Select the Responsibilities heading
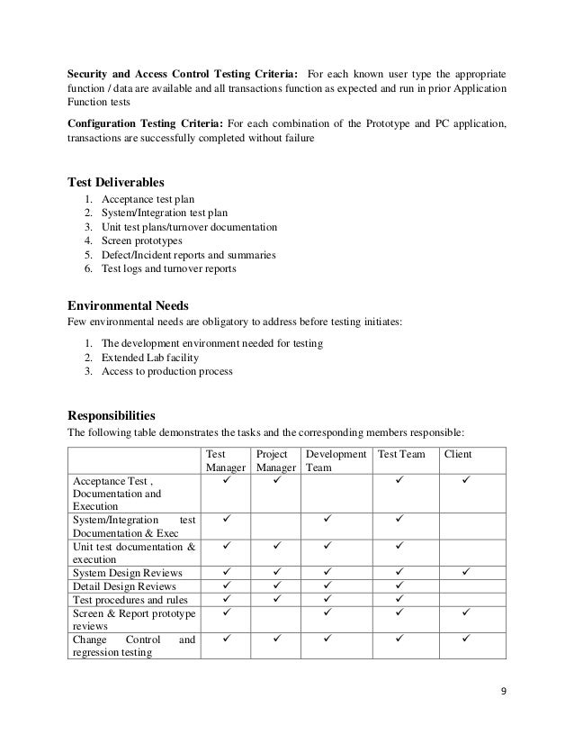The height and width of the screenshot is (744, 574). pyautogui.click(x=112, y=415)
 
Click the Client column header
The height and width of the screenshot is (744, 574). pyautogui.click(x=459, y=455)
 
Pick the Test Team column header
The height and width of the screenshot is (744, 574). pyautogui.click(x=401, y=455)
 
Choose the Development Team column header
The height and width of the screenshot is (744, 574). pyautogui.click(x=336, y=461)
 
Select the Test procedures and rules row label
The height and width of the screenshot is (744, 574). pyautogui.click(x=130, y=600)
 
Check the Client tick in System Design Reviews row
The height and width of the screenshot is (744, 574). pyautogui.click(x=466, y=573)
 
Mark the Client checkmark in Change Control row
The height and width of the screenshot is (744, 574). pyautogui.click(x=466, y=640)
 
